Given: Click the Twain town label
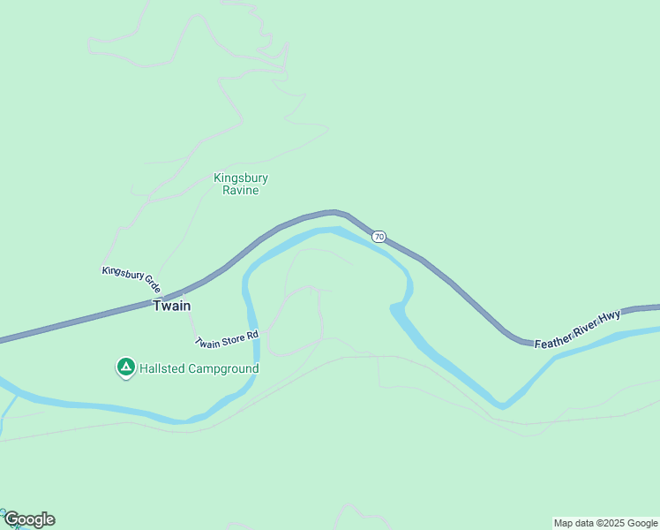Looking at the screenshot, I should pos(172,306).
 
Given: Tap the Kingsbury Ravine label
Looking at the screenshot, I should pos(241,184).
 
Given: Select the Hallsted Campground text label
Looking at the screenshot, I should pos(199,368).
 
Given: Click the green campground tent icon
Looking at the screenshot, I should pos(125,367).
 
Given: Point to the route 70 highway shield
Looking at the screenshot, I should pos(379,237).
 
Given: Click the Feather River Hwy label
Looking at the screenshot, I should pos(578,329).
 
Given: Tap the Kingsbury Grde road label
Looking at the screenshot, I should pos(131,279).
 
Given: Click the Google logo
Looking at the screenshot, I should pos(28,519).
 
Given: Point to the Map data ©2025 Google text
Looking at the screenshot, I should pos(605,523).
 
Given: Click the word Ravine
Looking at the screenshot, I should pos(241,190).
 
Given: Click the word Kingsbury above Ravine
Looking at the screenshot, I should pos(241,178).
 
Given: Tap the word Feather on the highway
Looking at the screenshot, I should pos(553,337).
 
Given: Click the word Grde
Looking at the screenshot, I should pos(151,285).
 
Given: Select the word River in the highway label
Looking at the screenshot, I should pos(584,327).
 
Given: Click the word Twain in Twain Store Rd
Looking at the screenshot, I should pos(207,343).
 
